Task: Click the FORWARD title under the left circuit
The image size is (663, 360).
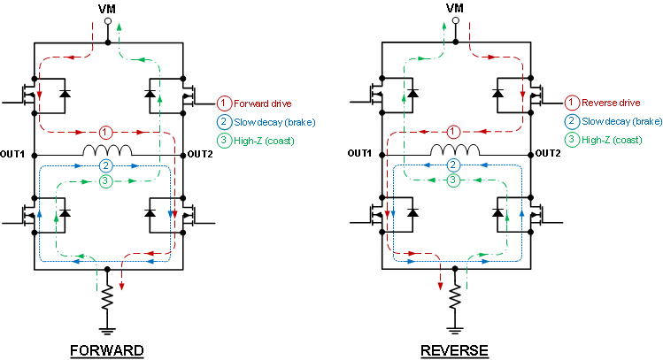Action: (107, 350)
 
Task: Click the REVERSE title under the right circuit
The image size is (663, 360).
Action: (454, 350)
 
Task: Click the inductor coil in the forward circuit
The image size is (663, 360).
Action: (107, 151)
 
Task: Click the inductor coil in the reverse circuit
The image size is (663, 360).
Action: (454, 151)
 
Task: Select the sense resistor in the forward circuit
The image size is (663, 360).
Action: (107, 297)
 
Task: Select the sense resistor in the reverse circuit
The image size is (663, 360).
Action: (454, 297)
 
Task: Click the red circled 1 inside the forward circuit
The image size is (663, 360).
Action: (107, 132)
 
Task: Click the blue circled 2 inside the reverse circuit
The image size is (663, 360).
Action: (454, 165)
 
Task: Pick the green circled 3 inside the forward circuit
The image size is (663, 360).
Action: (107, 181)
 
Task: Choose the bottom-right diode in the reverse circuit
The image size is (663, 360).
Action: (497, 213)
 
